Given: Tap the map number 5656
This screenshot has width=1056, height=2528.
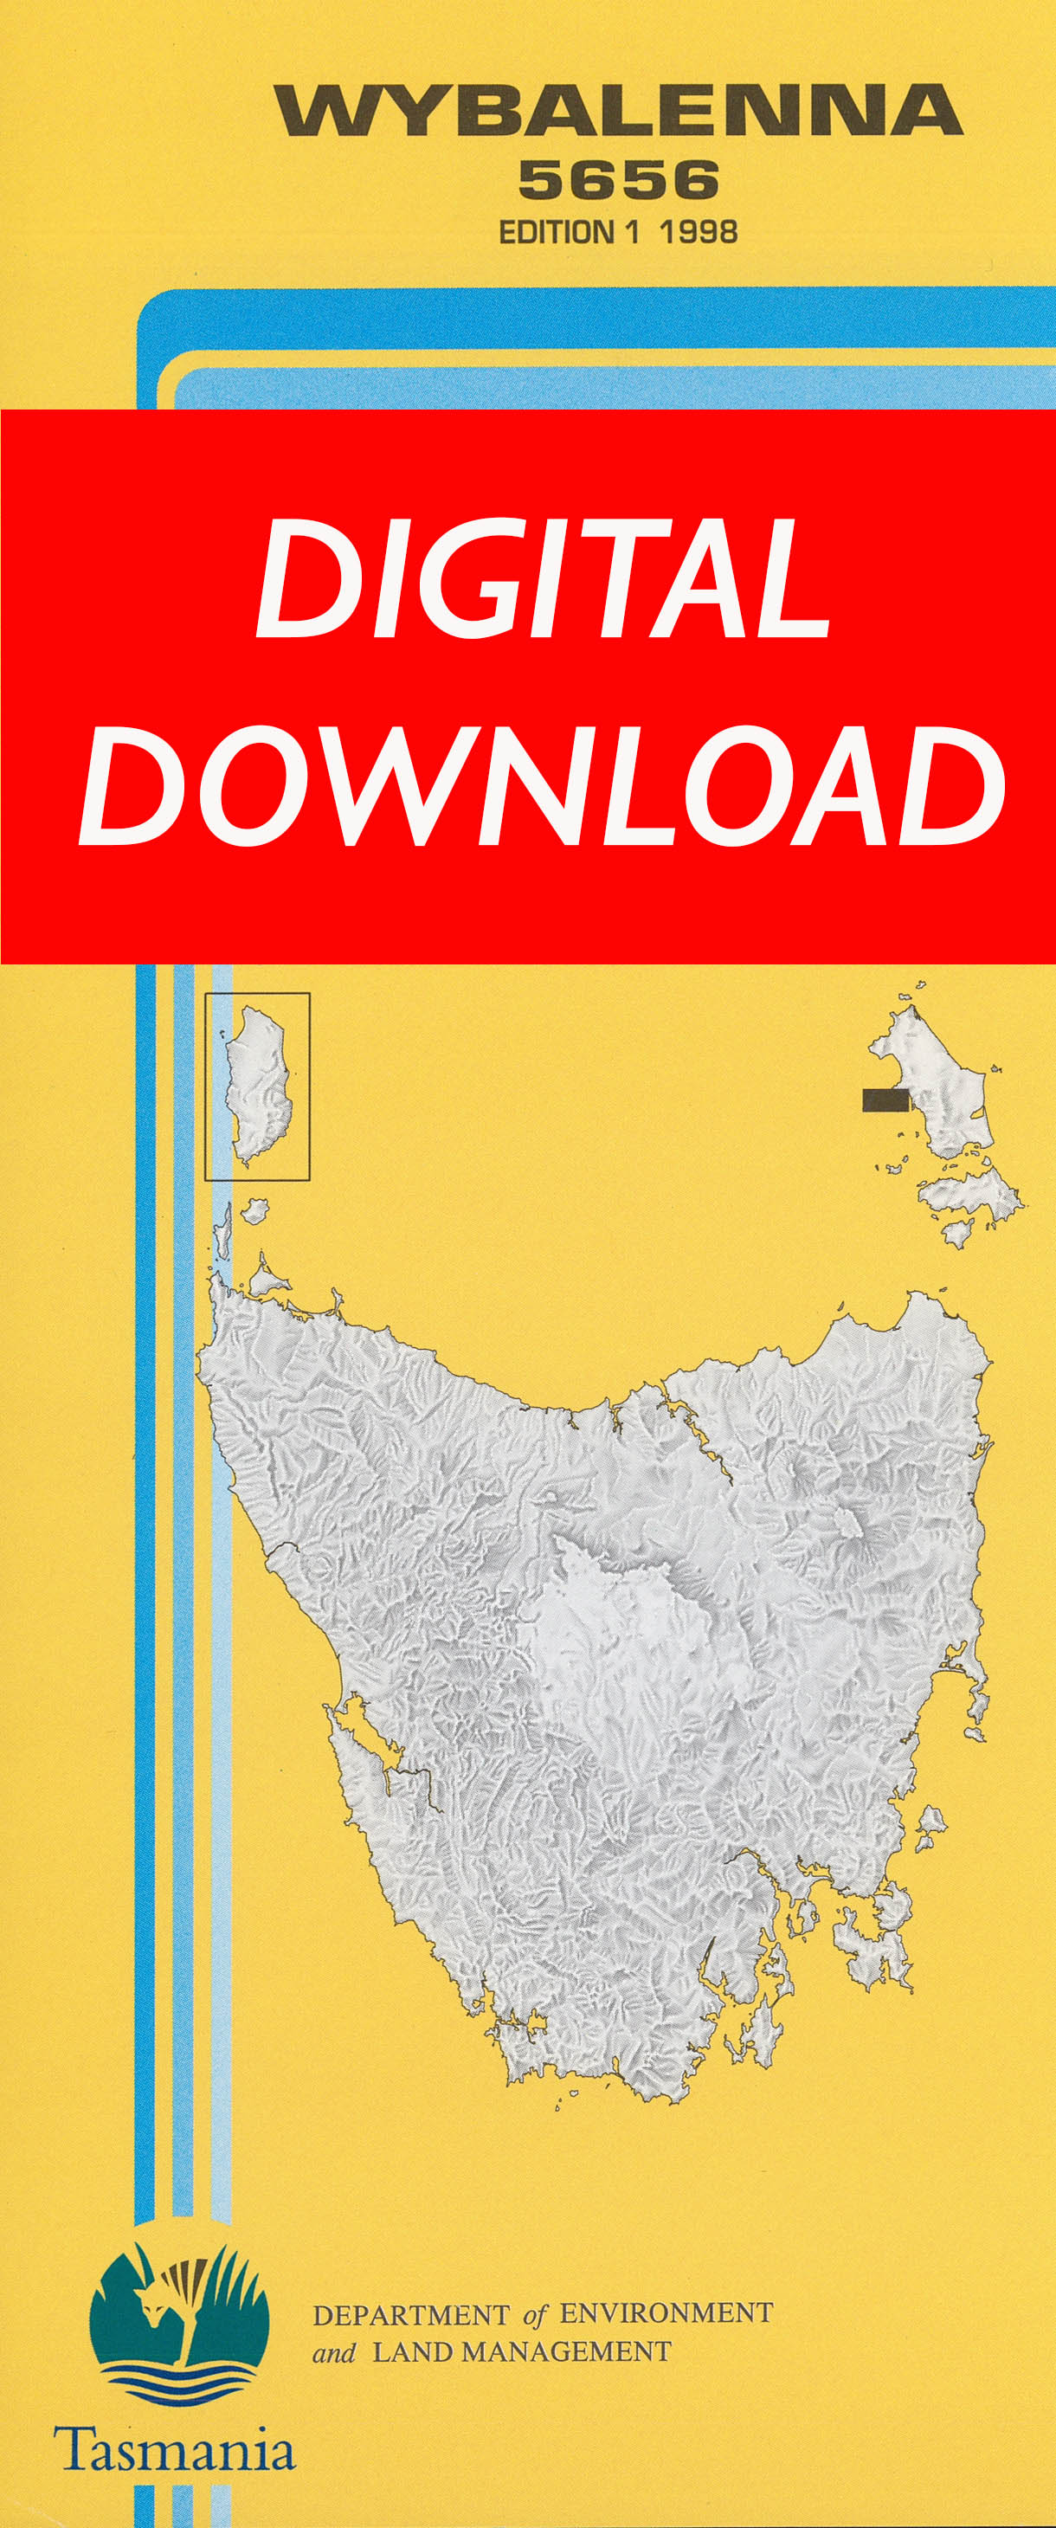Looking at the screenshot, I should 618,181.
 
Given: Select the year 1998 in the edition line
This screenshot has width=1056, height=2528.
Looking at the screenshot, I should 698,233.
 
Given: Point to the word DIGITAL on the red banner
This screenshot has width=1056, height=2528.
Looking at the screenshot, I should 543,578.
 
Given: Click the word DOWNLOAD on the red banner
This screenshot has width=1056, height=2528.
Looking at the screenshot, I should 542,786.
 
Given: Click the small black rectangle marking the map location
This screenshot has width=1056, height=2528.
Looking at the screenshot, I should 885,1100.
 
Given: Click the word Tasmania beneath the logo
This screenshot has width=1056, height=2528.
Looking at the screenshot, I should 175,2449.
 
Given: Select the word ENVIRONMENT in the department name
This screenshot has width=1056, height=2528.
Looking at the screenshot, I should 666,2313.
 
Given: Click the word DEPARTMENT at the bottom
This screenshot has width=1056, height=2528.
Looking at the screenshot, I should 411,2315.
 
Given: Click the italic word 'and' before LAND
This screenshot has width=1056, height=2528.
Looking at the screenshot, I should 334,2352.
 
